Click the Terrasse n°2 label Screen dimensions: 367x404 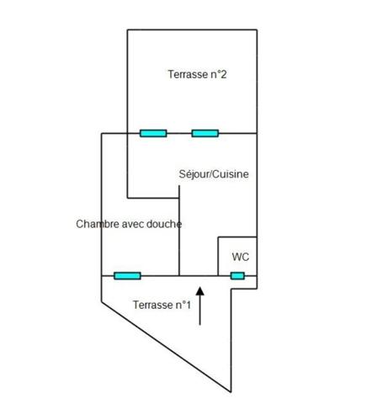click(197, 74)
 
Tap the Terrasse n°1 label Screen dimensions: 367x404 click(162, 305)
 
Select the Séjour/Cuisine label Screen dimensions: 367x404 click(214, 174)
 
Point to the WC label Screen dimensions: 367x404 click(241, 257)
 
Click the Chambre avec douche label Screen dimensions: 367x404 click(129, 224)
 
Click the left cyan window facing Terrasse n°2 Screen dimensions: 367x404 click(153, 133)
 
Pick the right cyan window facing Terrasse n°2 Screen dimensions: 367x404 click(205, 133)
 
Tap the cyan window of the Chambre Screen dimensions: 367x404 click(127, 276)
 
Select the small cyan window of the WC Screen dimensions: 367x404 click(237, 276)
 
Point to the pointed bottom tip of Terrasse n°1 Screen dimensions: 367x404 click(231, 391)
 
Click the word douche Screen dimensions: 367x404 click(164, 224)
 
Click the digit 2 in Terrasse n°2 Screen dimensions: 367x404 click(223, 74)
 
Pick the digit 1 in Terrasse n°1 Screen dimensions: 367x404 click(189, 305)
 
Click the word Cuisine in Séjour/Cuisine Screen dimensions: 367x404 click(230, 174)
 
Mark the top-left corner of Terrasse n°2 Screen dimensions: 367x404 click(127, 29)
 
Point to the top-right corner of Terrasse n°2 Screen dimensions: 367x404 click(257, 29)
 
